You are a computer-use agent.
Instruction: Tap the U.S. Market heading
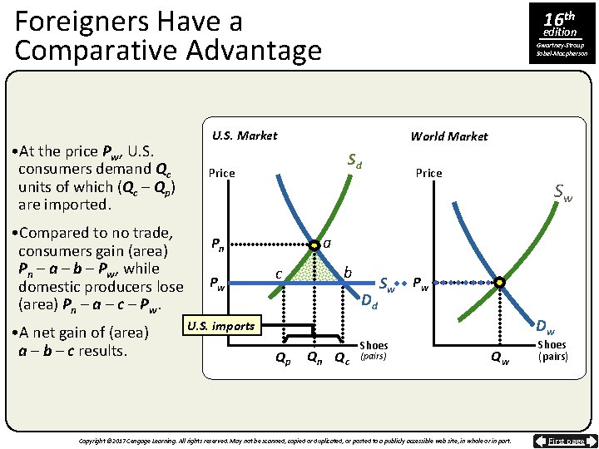[x=245, y=135]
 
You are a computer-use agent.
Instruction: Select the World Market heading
[x=449, y=136]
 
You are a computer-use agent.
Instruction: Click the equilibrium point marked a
[x=314, y=246]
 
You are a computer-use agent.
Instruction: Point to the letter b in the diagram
[x=349, y=273]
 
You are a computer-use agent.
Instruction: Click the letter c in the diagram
[x=280, y=273]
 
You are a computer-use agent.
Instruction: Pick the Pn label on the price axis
[x=215, y=245]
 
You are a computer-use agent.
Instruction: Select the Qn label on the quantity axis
[x=315, y=358]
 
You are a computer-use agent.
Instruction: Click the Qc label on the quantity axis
[x=342, y=358]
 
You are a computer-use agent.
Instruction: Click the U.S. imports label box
[x=220, y=325]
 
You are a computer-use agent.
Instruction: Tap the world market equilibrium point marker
[x=499, y=283]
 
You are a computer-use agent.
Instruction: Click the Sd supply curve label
[x=354, y=159]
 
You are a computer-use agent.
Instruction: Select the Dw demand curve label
[x=546, y=328]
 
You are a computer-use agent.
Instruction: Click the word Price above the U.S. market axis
[x=221, y=173]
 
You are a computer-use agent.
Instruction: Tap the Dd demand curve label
[x=369, y=299]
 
